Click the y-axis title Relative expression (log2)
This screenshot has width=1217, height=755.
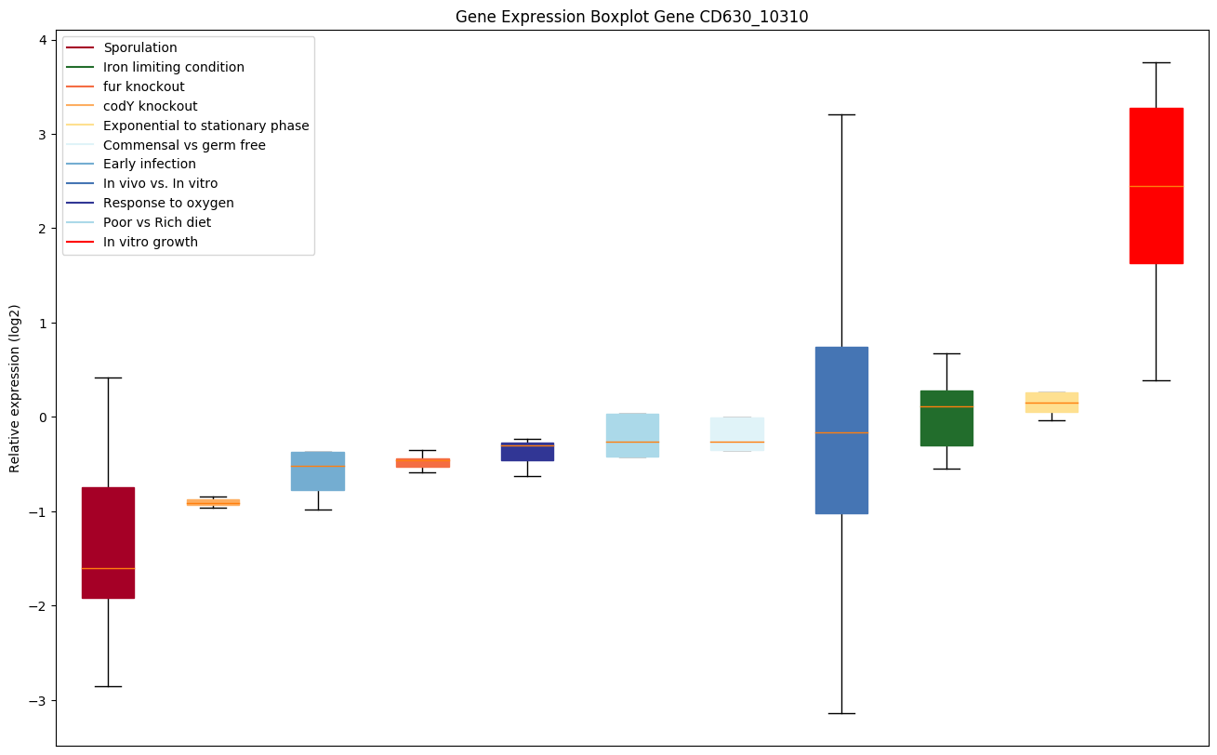[x=15, y=389]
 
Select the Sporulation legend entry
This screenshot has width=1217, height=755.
[x=140, y=47]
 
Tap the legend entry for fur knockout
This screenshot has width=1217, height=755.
[x=144, y=86]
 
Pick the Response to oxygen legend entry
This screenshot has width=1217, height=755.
[x=168, y=203]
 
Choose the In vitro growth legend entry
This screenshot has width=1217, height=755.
[x=151, y=242]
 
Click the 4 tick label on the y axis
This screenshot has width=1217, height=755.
[x=43, y=40]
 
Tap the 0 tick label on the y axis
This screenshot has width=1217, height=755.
[x=43, y=417]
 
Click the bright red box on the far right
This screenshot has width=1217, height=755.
[x=1156, y=186]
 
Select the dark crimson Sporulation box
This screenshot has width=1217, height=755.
[x=108, y=542]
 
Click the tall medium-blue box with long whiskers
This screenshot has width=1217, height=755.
[x=841, y=430]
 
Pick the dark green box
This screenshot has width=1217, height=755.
[x=946, y=418]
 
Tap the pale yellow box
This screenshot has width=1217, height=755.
[x=1052, y=402]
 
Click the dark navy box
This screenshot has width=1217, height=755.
[x=527, y=452]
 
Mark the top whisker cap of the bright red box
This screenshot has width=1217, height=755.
[x=1156, y=62]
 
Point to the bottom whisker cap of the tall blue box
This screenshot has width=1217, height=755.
[x=841, y=713]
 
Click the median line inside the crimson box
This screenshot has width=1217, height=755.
[x=108, y=568]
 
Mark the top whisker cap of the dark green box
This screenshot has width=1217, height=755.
[x=946, y=353]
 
